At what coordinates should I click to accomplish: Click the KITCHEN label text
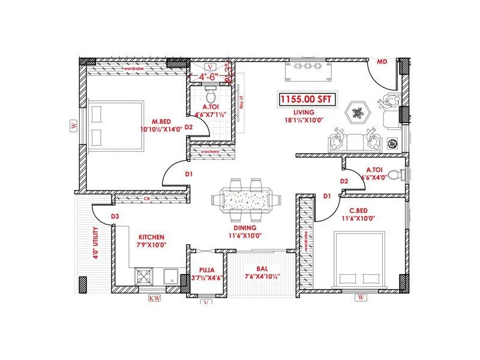point(152,237)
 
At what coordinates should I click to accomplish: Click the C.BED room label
point(362,211)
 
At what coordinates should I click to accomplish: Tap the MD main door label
point(382,62)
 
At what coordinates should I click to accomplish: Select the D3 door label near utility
point(115,217)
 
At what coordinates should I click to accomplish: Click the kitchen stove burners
point(146,276)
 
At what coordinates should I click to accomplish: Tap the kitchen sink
point(170,277)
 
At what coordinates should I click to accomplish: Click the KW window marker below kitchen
point(154,298)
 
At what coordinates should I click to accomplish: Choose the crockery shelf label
point(210,152)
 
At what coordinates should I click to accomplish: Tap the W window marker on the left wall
point(74,125)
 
